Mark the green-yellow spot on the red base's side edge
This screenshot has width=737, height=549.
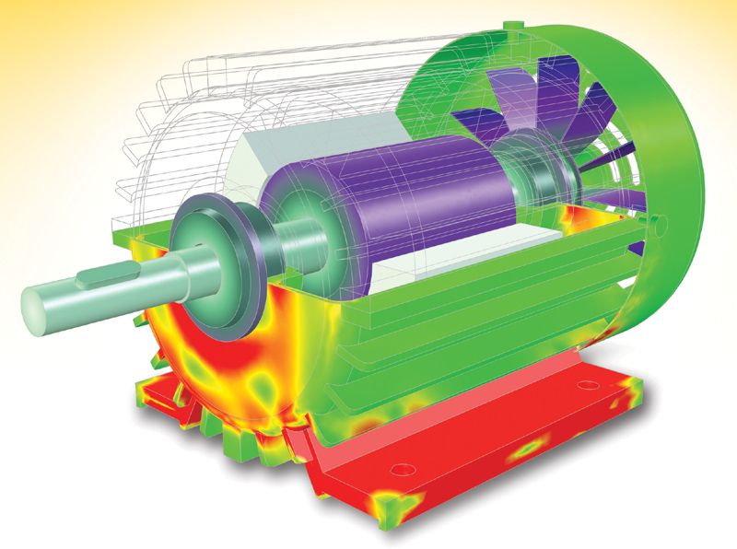click(x=531, y=445)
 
